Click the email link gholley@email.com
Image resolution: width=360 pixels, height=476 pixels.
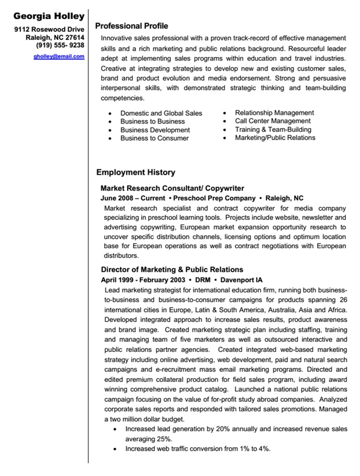(x=59, y=56)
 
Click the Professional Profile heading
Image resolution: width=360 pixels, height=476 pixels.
(x=131, y=26)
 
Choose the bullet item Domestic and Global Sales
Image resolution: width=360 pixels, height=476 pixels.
(x=161, y=113)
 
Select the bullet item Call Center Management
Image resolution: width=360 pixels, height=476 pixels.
(x=272, y=121)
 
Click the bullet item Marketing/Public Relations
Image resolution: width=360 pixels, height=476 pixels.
(x=275, y=138)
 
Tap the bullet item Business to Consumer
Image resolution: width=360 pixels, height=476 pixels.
(x=155, y=138)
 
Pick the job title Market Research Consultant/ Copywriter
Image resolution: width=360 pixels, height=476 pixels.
(x=172, y=188)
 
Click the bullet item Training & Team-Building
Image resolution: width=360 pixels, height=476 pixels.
(x=273, y=129)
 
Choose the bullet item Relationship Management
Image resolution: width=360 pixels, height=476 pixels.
(x=274, y=112)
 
